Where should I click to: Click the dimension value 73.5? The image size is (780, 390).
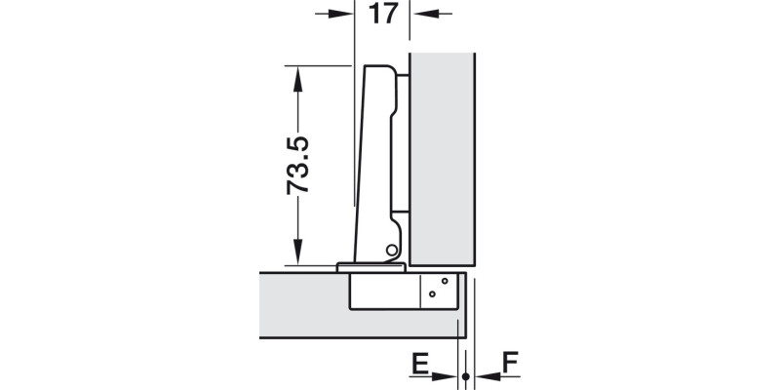click(x=298, y=166)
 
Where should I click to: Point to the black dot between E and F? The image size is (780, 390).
click(x=466, y=376)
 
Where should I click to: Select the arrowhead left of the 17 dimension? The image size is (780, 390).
click(x=340, y=14)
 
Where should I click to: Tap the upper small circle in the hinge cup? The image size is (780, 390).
click(x=444, y=282)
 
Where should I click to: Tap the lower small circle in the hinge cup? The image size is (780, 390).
click(x=432, y=293)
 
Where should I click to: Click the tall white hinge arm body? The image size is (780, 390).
click(x=375, y=156)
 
